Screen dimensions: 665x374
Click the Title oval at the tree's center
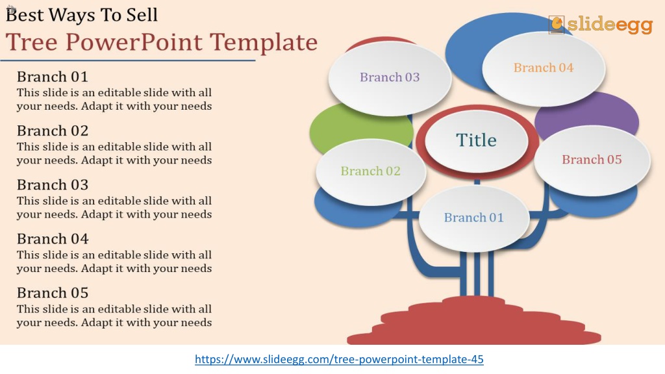[x=477, y=141]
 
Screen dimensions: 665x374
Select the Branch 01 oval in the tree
[x=474, y=218]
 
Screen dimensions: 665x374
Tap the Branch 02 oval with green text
[x=371, y=171]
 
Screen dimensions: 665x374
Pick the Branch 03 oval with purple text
[x=390, y=78]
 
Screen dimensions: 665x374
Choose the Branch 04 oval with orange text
[x=544, y=69]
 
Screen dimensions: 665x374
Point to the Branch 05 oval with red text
[x=592, y=160]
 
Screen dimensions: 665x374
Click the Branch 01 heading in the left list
[x=53, y=77]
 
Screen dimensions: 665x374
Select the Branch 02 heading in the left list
[x=53, y=131]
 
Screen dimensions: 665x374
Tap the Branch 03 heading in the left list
[x=53, y=185]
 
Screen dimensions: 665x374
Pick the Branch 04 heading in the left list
[x=53, y=239]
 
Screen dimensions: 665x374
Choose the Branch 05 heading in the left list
[x=53, y=293]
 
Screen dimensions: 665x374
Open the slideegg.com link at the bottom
[x=339, y=360]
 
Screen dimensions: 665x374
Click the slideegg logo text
[x=610, y=25]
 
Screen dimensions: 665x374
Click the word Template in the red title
[x=264, y=43]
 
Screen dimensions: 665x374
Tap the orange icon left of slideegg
[x=557, y=25]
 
